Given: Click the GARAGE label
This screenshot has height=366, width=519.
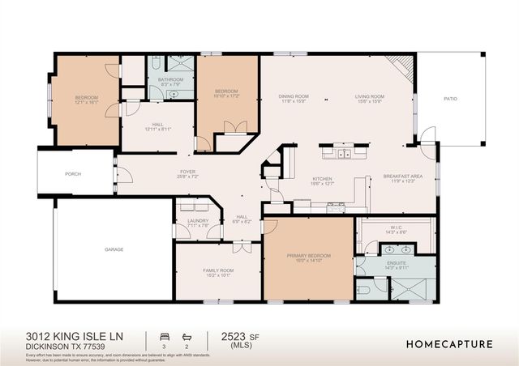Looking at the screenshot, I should coord(114,249).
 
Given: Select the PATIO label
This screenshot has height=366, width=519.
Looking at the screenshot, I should coord(450,99).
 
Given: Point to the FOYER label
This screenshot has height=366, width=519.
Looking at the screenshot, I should coord(188,172).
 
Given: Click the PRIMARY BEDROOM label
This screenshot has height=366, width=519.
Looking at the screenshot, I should coord(308,255).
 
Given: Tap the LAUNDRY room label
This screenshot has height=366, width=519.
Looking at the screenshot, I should coord(198,220).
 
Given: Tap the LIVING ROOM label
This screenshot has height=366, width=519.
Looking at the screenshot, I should coord(369,96).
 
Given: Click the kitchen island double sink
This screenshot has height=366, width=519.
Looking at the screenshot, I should coord(344,152).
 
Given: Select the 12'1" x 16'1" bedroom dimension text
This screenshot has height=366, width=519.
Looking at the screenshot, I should coord(86,102).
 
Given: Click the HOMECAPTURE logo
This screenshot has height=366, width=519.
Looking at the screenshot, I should coord(448,344).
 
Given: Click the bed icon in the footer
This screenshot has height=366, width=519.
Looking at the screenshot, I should coord(165,335).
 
